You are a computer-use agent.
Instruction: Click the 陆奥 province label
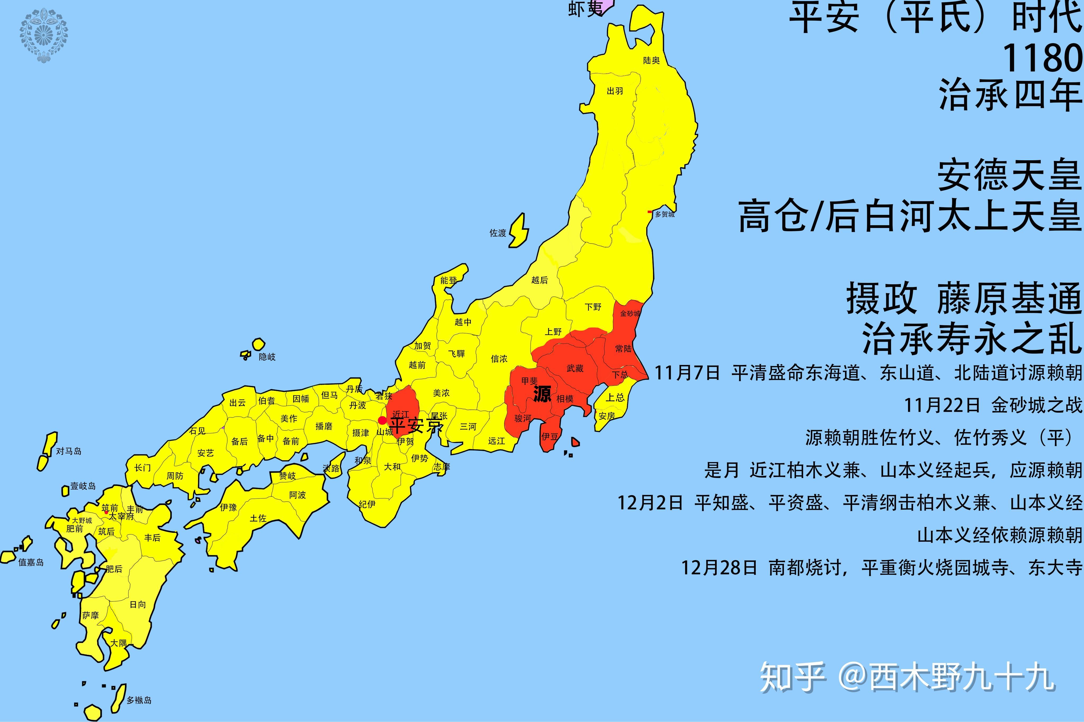click(x=651, y=60)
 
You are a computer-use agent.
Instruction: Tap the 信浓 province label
click(x=499, y=358)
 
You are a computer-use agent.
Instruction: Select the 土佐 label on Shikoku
click(x=258, y=518)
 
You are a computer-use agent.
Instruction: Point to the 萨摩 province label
click(x=90, y=615)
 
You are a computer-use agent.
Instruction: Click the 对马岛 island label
click(x=69, y=451)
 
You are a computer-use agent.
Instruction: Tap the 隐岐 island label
click(x=267, y=357)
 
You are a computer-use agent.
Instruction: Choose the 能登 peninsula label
click(x=448, y=280)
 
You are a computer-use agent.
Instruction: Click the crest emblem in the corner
click(x=44, y=35)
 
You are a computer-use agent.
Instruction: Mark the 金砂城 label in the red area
click(x=630, y=314)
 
